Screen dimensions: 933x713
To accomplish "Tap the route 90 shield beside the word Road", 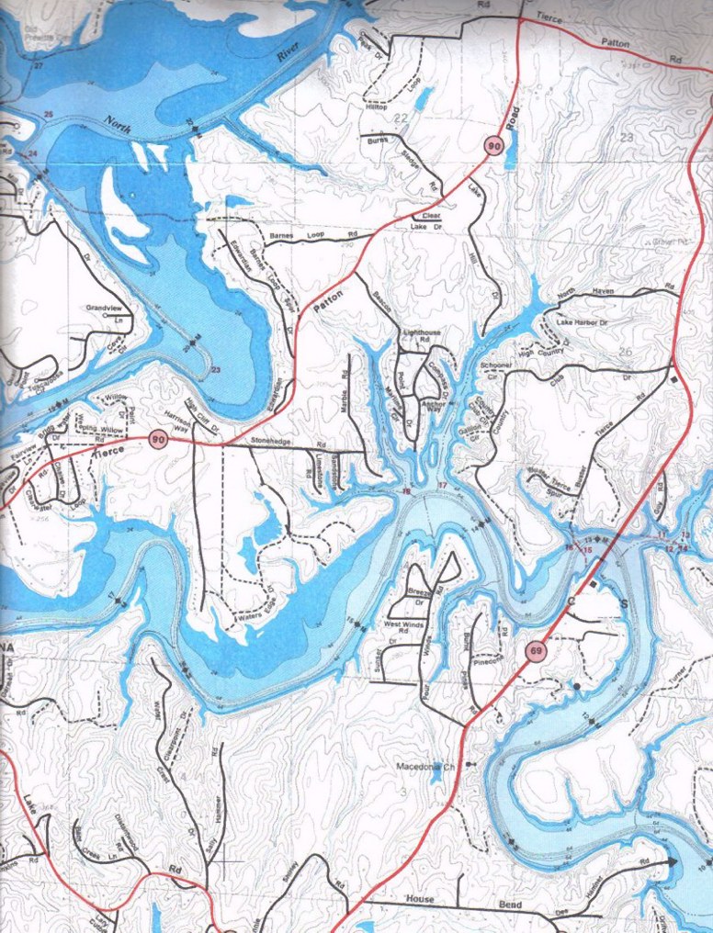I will [494, 145].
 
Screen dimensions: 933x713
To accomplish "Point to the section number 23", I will [628, 137].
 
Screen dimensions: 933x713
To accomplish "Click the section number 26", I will [626, 352].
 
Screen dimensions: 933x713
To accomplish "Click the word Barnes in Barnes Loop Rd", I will [280, 238].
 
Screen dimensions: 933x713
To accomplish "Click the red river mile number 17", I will [443, 484].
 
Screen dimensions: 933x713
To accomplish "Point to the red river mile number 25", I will [49, 114].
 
